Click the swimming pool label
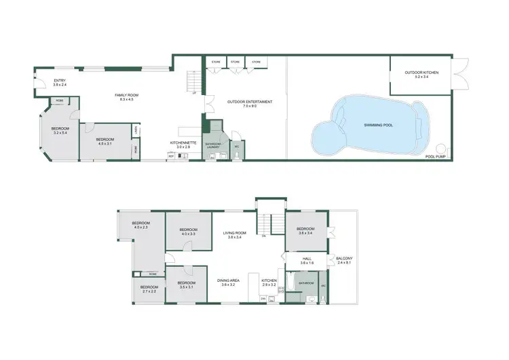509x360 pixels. click(379, 125)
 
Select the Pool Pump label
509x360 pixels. click(434, 157)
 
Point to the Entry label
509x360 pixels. click(60, 83)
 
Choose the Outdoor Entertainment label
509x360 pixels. click(250, 103)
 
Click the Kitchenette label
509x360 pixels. click(183, 144)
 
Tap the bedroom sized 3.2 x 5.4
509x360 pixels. click(60, 130)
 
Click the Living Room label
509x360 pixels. click(235, 235)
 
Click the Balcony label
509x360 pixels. click(344, 259)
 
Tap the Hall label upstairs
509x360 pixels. click(306, 260)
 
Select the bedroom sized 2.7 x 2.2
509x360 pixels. click(149, 289)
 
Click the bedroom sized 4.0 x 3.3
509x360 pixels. click(187, 232)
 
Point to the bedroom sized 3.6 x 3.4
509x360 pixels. click(305, 230)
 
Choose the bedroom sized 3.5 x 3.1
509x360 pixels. click(186, 284)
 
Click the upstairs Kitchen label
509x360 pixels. click(269, 281)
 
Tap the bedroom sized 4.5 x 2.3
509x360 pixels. click(140, 225)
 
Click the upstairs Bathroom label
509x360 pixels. click(303, 283)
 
